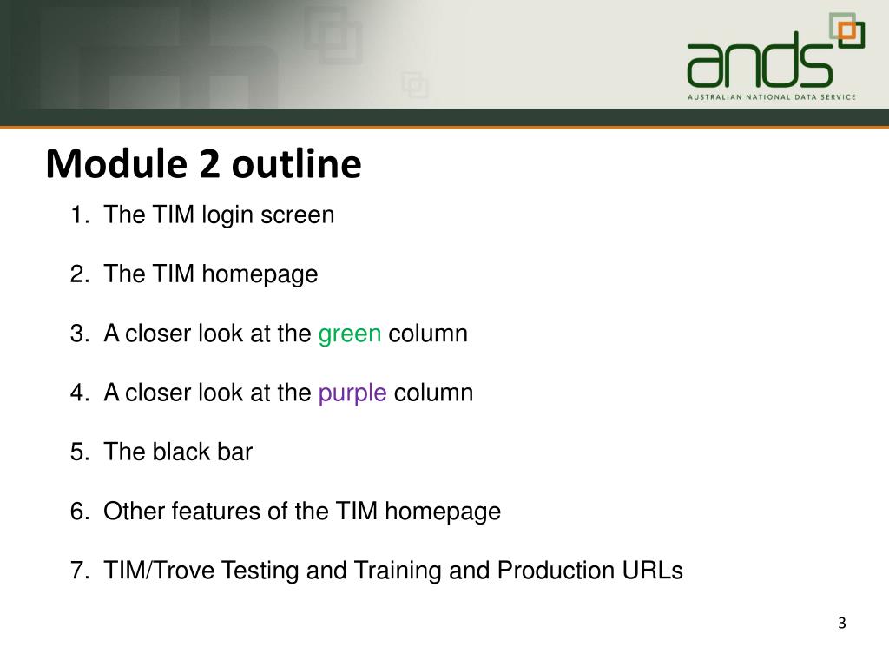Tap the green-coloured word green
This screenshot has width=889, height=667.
click(350, 334)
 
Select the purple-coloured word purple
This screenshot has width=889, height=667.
click(352, 393)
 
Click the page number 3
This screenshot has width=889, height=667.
click(841, 624)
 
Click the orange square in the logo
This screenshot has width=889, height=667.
click(852, 34)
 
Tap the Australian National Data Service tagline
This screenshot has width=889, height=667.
click(771, 97)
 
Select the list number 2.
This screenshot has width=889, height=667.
click(77, 275)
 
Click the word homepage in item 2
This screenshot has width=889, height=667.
click(260, 275)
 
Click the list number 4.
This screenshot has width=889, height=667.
click(77, 393)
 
